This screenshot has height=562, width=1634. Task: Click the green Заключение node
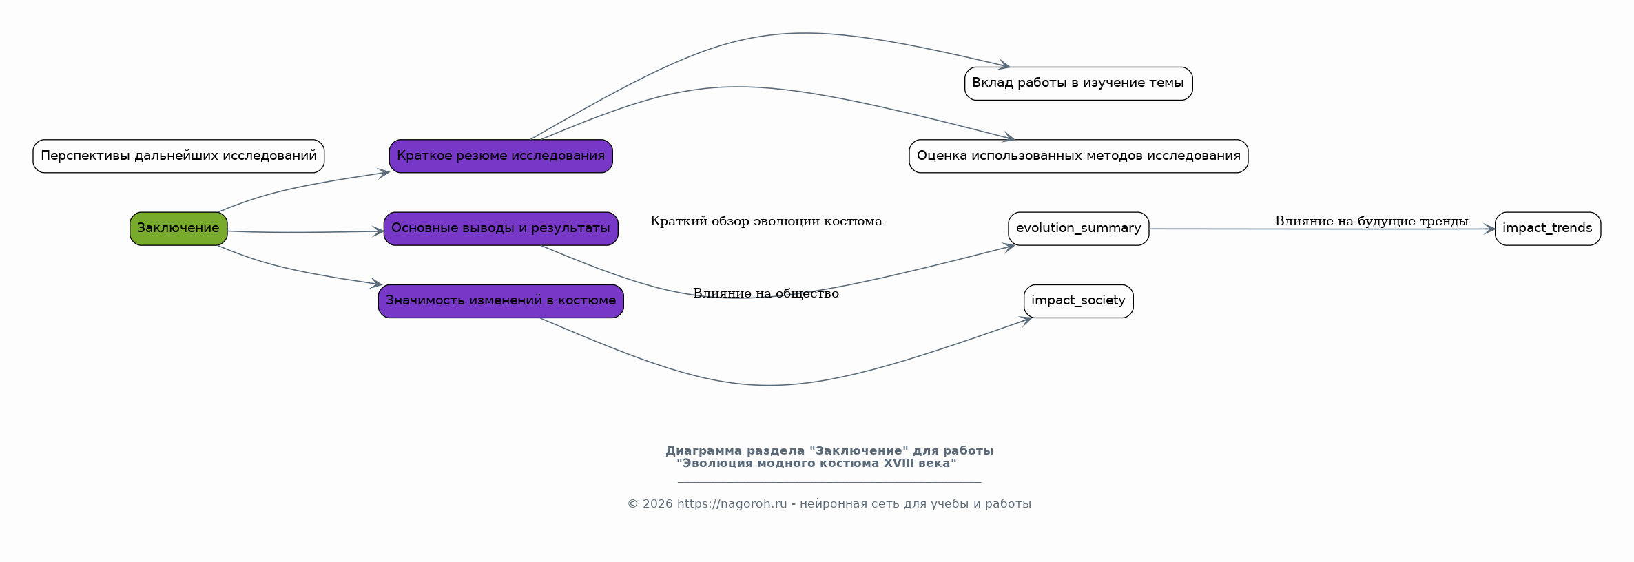pyautogui.click(x=178, y=229)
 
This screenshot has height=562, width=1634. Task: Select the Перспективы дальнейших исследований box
pyautogui.click(x=178, y=156)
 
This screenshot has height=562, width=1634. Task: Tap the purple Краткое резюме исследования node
pyautogui.click(x=501, y=156)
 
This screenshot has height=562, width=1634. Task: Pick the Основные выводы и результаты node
pyautogui.click(x=501, y=229)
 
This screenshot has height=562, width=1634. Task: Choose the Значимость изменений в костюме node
pyautogui.click(x=501, y=301)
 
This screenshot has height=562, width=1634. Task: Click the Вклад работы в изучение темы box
pyautogui.click(x=1078, y=83)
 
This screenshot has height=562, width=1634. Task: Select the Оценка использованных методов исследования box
pyautogui.click(x=1078, y=156)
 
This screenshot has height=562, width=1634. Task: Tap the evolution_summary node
pyautogui.click(x=1078, y=229)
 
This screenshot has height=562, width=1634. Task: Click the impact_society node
pyautogui.click(x=1078, y=301)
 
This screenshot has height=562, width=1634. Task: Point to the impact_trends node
pyautogui.click(x=1548, y=229)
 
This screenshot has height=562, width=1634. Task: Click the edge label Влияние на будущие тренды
pyautogui.click(x=1372, y=221)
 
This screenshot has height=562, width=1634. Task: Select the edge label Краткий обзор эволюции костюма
pyautogui.click(x=766, y=221)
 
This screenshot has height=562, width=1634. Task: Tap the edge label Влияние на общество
pyautogui.click(x=766, y=293)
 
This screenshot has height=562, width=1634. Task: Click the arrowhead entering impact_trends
pyautogui.click(x=1489, y=229)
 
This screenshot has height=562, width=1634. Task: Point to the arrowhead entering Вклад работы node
pyautogui.click(x=1004, y=65)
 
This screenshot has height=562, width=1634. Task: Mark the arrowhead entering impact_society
pyautogui.click(x=1026, y=320)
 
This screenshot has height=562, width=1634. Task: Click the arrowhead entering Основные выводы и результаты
pyautogui.click(x=378, y=231)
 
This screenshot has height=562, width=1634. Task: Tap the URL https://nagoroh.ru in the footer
pyautogui.click(x=732, y=504)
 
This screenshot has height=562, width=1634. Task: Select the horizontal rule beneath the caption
pyautogui.click(x=829, y=482)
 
